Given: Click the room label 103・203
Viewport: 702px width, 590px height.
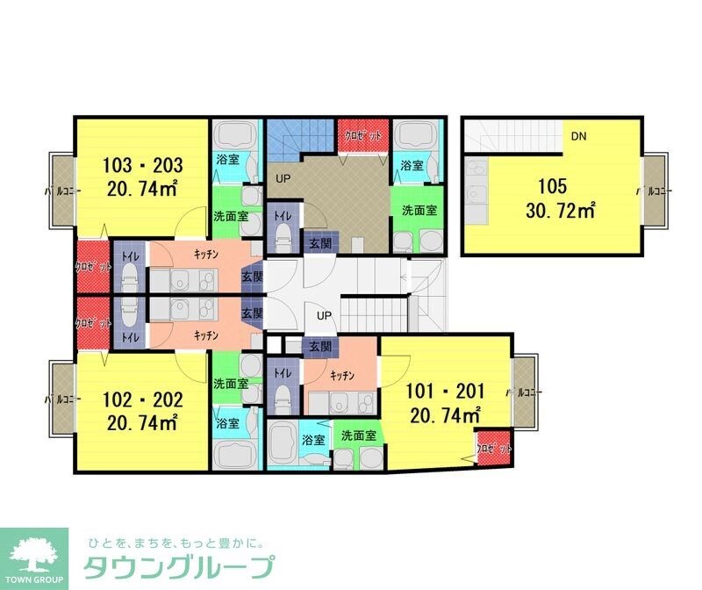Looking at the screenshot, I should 142,165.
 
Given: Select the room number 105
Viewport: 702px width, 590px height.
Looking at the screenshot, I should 554,186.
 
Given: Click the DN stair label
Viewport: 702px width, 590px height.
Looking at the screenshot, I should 578,136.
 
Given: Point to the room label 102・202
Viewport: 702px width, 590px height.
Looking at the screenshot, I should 142,400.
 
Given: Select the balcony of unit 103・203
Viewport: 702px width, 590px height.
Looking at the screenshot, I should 61,190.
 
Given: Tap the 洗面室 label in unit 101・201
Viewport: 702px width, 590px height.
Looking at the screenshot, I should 359,435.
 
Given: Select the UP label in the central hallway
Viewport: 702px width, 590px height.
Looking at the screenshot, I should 324,314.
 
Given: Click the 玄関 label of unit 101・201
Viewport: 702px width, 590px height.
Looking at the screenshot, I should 318,348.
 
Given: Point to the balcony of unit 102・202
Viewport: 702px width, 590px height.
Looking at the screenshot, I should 61,400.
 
